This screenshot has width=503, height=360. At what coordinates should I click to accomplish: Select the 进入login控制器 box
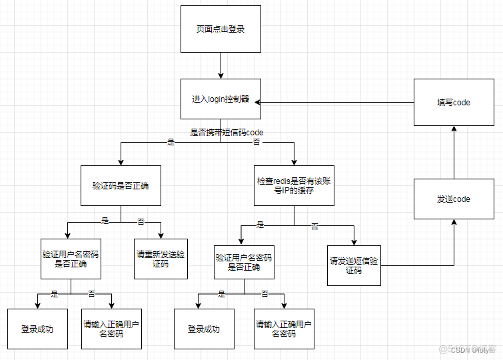coord(221,99)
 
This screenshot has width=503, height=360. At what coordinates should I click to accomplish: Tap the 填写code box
coord(454,103)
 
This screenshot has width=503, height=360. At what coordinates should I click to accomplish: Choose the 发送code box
coord(454,199)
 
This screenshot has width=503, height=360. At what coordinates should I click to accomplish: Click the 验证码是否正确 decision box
coord(121,185)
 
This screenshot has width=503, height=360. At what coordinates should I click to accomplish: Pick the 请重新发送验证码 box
coord(161,259)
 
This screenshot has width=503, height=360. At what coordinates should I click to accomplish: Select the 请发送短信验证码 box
coord(354,265)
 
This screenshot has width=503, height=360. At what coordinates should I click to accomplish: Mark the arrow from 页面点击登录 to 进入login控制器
coord(221,65)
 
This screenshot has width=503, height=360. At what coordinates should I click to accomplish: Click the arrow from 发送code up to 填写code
coord(454,152)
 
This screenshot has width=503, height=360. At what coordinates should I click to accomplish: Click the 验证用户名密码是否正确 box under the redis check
coord(244,262)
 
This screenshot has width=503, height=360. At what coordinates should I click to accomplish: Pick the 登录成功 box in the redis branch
coord(204,329)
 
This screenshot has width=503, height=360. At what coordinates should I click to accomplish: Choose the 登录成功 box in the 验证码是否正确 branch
coord(37,329)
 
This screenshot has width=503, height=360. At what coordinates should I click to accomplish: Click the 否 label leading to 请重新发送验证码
coord(141,221)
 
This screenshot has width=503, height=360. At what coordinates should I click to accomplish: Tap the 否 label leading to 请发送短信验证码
coord(314,227)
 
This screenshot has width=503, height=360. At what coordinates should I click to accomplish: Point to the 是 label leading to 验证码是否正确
coord(170,142)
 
